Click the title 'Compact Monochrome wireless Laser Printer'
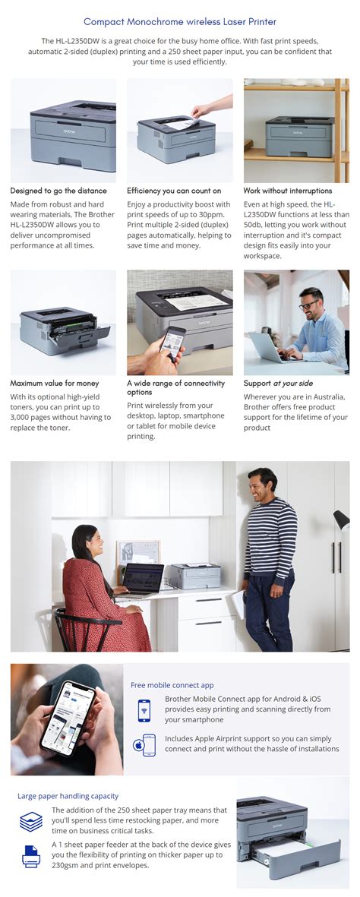click(180, 22)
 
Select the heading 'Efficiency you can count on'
click(174, 191)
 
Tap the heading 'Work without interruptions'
click(287, 191)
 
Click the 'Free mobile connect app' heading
click(172, 684)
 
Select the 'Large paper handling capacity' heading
click(68, 796)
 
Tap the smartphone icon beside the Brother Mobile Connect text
click(144, 709)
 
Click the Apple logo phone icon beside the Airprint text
click(144, 744)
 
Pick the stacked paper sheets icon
click(31, 821)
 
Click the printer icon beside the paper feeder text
click(31, 856)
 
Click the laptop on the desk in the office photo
click(142, 578)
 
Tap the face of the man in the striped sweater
click(265, 483)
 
